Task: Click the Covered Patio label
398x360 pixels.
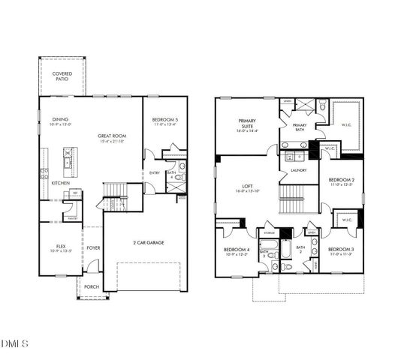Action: click(x=62, y=76)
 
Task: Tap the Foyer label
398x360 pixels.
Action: click(x=93, y=247)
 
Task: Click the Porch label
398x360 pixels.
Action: click(x=91, y=286)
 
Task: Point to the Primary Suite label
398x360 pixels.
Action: click(x=247, y=123)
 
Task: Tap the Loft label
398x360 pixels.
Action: click(x=247, y=187)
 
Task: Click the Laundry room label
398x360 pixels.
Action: click(x=299, y=170)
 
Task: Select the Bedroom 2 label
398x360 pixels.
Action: click(x=342, y=181)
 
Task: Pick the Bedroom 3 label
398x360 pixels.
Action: click(x=342, y=250)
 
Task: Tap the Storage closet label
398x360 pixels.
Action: click(x=268, y=233)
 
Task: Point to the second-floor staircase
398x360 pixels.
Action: click(x=298, y=199)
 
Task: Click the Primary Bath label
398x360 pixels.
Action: click(x=299, y=127)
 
